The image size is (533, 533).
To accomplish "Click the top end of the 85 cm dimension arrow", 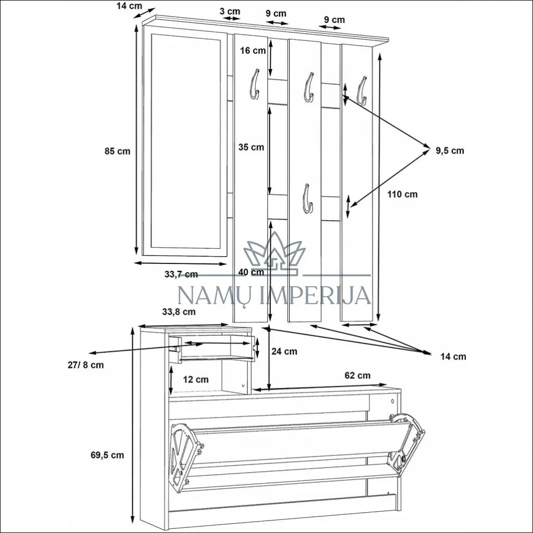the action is coord(136,25).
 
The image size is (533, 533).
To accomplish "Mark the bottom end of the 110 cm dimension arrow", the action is coord(379,321).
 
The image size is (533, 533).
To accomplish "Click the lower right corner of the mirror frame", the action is coord(227,256).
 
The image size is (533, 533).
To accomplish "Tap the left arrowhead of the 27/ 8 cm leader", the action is coord(90,353).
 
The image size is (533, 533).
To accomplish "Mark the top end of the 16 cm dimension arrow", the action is coord(271,38).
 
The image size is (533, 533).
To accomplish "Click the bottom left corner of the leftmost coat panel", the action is coord(233,322).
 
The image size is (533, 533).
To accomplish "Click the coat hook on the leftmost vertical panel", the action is coord(254,84).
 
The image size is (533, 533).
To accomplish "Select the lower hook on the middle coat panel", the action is coord(308,199).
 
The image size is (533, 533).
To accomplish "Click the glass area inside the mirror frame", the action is coord(185,141).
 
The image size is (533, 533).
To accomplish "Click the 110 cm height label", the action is coord(402,195).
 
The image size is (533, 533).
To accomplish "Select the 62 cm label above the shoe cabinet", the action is coord(357,376).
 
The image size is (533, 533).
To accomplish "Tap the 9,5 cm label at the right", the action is coord(450,150).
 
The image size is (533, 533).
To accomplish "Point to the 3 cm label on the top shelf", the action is coord(230,11).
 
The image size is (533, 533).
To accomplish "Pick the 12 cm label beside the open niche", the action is coord(196,379).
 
